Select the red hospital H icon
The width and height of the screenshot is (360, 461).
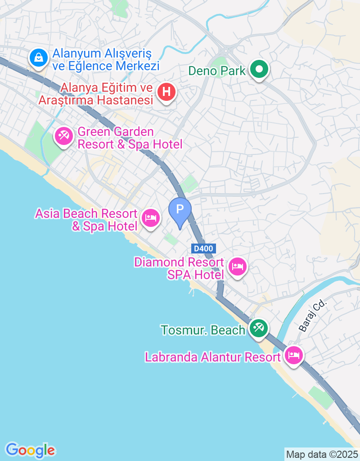[x=166, y=92]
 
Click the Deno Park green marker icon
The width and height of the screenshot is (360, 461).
[x=259, y=70]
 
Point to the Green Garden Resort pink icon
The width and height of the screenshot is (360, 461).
[x=64, y=135]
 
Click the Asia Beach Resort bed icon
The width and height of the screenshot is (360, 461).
[x=150, y=218]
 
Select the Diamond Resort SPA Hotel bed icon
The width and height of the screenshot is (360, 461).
[x=237, y=267]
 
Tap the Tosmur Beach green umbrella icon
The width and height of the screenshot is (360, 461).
[x=258, y=328]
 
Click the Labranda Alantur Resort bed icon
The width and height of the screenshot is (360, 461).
[x=293, y=356]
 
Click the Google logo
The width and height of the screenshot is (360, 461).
[x=30, y=450]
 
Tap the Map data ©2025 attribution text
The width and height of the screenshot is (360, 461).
[x=322, y=454]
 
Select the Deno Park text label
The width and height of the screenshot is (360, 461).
[x=217, y=71]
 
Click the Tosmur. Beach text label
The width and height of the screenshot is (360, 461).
[x=203, y=330]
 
